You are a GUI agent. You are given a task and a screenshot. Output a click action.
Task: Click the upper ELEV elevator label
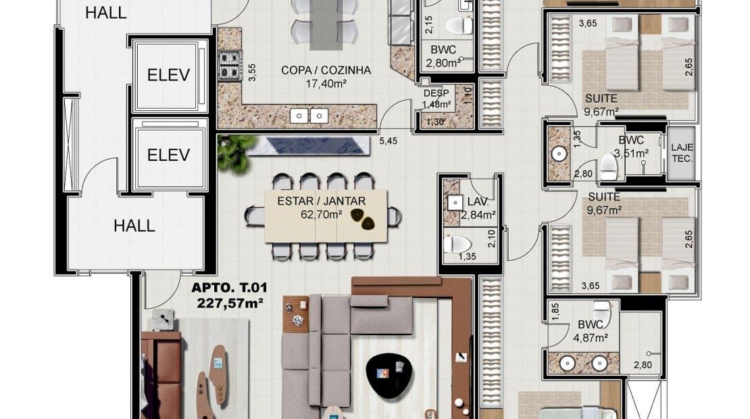click(x=168, y=75)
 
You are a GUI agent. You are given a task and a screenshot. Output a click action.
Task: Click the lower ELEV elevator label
click(x=168, y=155)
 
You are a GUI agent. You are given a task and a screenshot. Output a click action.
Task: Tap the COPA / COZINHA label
click(x=326, y=70)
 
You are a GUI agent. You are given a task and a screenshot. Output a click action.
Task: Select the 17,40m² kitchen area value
click(x=326, y=84)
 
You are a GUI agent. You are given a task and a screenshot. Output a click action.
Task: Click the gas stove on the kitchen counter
click(x=230, y=66)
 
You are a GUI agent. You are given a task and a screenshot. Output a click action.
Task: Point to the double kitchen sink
click(x=309, y=116)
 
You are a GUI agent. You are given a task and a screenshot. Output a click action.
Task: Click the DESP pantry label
click(x=436, y=93)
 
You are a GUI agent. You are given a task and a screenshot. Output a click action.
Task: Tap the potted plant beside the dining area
click(x=233, y=153)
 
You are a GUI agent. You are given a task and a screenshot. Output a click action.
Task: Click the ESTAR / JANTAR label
click(x=322, y=201)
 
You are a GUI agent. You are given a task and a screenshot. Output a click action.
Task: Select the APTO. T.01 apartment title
click(x=229, y=288)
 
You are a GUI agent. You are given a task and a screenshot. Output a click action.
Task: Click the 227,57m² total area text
click(x=230, y=303)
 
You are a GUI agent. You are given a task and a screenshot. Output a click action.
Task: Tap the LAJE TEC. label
click(x=682, y=153)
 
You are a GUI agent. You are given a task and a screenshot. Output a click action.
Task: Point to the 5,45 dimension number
click(x=389, y=141)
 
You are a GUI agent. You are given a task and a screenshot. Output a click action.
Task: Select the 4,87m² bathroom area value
click(x=591, y=338)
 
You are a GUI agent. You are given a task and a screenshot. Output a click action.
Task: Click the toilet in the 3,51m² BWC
click(x=609, y=166)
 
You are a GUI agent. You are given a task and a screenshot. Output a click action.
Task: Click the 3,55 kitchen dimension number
click(x=252, y=72)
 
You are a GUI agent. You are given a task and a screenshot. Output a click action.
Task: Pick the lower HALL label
click(x=134, y=226)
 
